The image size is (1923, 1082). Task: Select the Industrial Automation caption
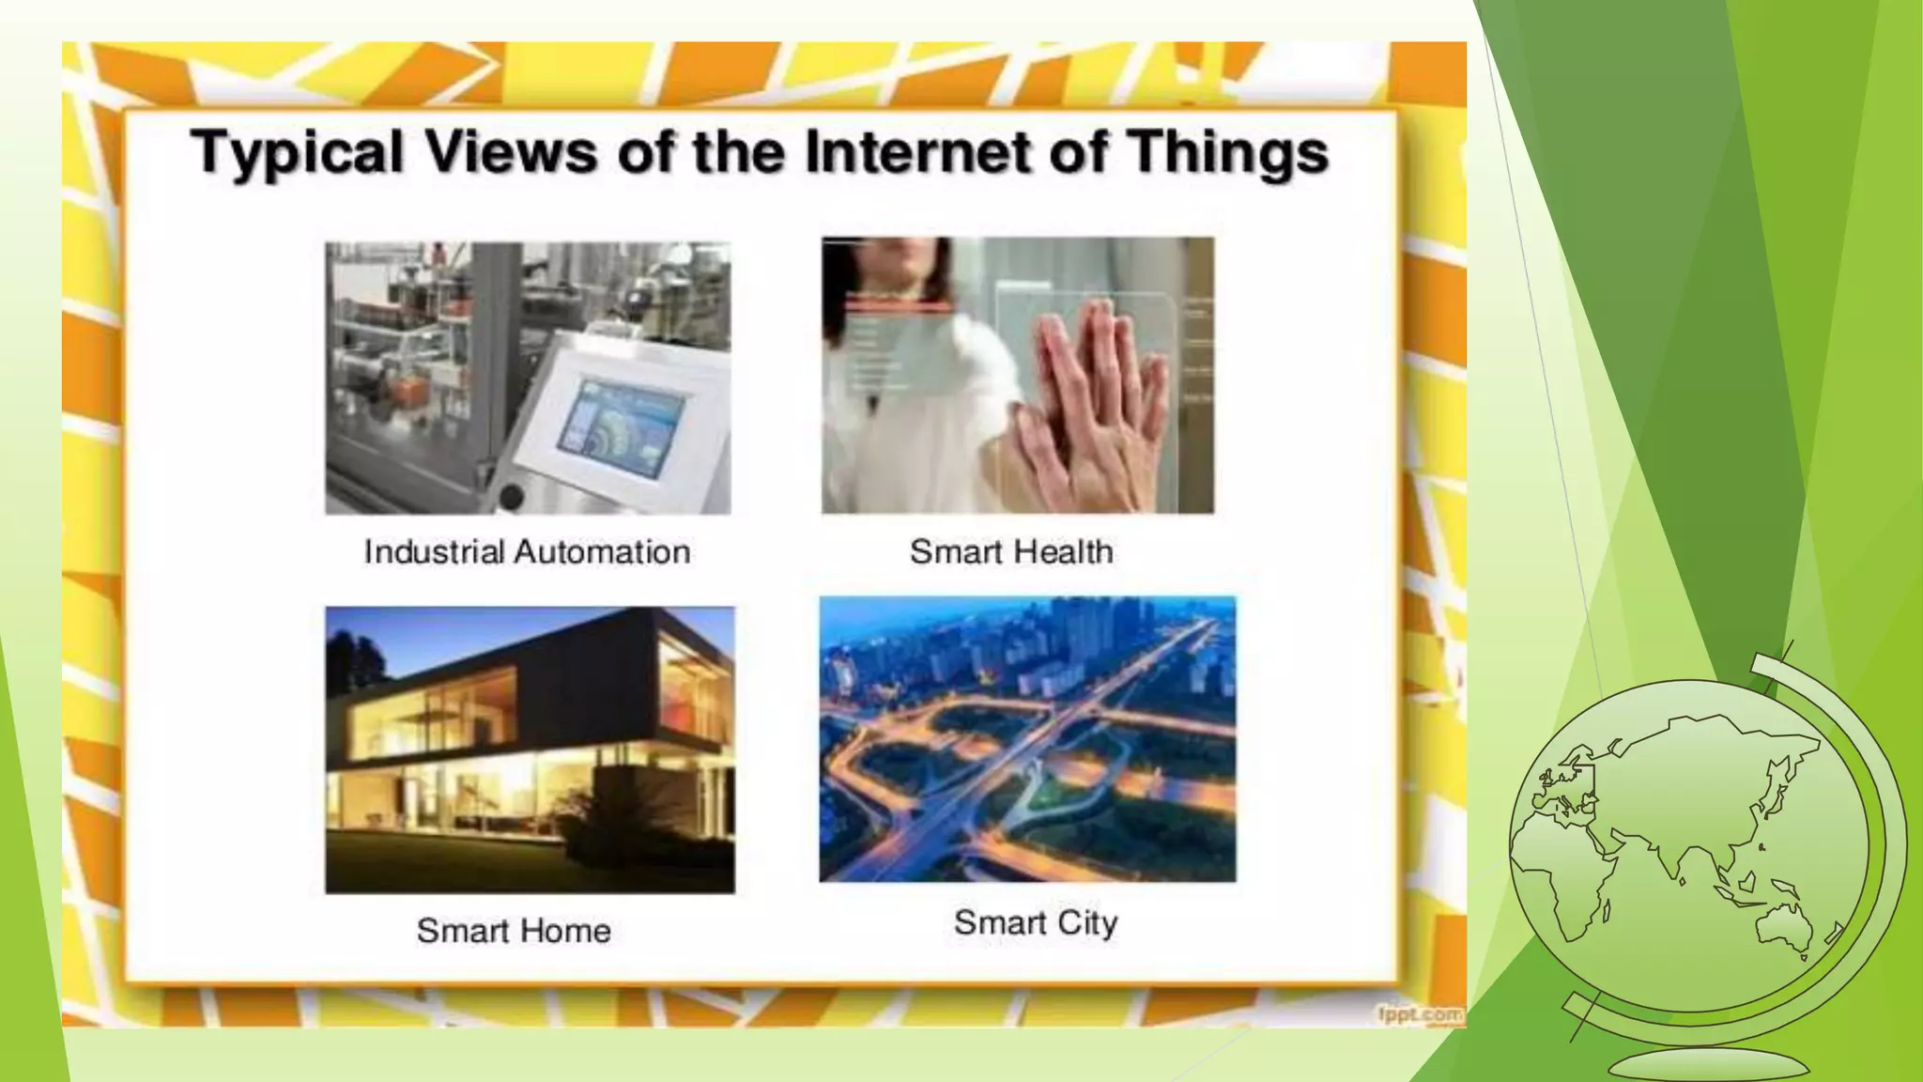click(x=527, y=551)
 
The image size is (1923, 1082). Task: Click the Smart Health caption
click(x=1011, y=551)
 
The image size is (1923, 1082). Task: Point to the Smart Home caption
click(x=514, y=931)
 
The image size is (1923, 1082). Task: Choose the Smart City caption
click(x=1036, y=922)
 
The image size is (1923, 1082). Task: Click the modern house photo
click(x=530, y=749)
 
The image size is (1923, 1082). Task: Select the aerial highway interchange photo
click(x=1027, y=739)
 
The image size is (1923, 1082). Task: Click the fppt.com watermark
click(x=1420, y=1014)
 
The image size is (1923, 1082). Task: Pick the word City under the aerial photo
click(x=1087, y=922)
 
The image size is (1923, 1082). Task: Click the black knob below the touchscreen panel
click(x=511, y=497)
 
